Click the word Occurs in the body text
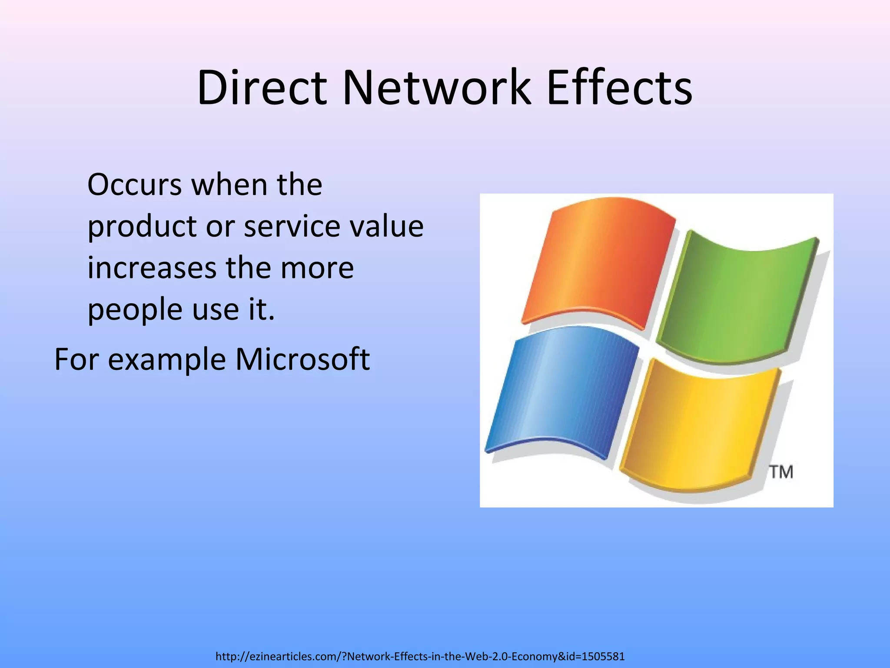click(x=134, y=185)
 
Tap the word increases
click(x=152, y=268)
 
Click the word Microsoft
click(x=302, y=360)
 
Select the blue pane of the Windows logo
click(x=561, y=389)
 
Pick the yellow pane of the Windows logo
click(x=700, y=424)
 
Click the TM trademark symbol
click(x=781, y=472)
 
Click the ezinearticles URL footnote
click(x=420, y=656)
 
